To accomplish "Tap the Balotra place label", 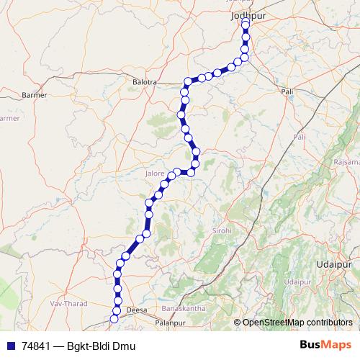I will (x=145, y=82).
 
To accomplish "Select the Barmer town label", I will (x=35, y=94).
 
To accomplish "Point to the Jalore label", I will (x=155, y=174).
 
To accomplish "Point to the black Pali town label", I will (x=288, y=92).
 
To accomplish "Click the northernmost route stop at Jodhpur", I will (x=246, y=24).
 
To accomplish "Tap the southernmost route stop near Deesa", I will (x=113, y=318).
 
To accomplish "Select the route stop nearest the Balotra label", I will (x=188, y=81).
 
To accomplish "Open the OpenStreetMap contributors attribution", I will (x=296, y=322).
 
